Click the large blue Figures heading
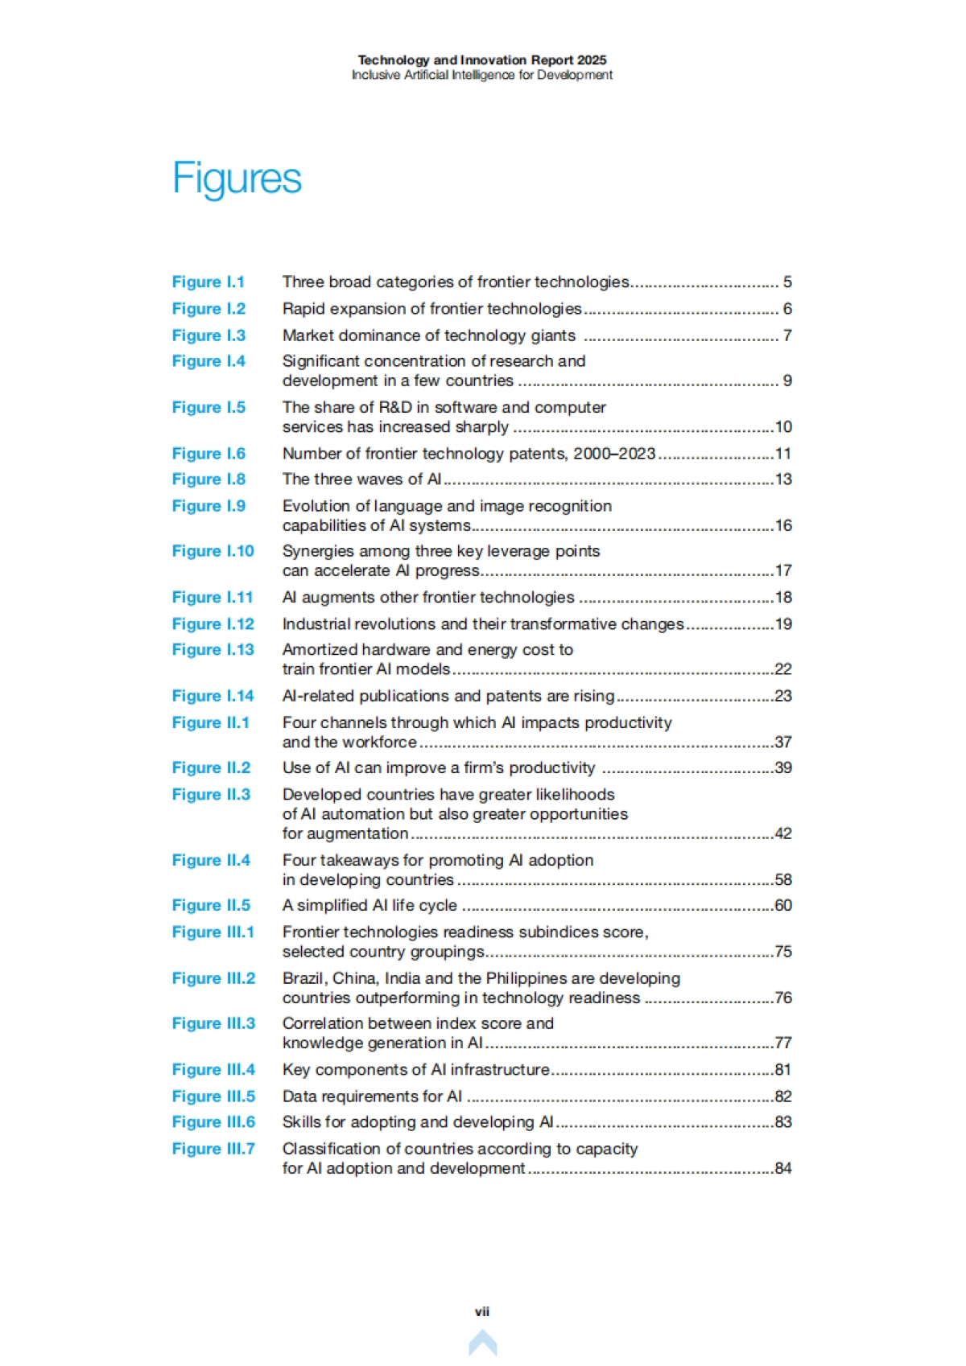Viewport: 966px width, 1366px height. pos(237,178)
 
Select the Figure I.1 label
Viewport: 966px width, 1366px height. pos(208,282)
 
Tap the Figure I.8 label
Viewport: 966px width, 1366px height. pos(208,479)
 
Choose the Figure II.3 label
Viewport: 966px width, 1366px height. pos(211,794)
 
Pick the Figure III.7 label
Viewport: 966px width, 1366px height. pos(213,1149)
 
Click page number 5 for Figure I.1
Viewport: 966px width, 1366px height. pos(787,282)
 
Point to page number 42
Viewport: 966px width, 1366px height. pos(783,833)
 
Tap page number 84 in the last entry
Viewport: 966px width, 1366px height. pos(783,1168)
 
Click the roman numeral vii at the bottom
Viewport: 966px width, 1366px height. pos(482,1311)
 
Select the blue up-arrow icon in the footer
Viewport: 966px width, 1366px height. pos(483,1342)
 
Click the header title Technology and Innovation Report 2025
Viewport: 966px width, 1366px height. pos(482,60)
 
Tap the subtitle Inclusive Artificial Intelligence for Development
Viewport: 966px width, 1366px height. pos(482,75)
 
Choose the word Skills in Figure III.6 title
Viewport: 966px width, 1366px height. pos(301,1122)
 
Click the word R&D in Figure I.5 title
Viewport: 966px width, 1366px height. pos(395,407)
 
